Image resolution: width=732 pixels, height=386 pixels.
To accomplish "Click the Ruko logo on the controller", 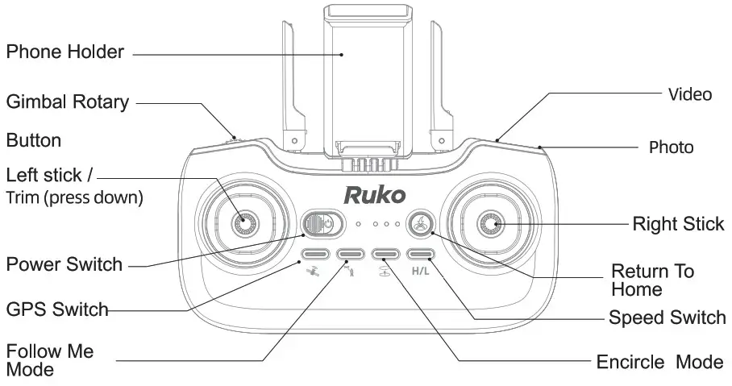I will tap(374, 195).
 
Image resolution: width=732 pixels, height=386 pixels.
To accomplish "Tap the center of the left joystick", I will tap(243, 222).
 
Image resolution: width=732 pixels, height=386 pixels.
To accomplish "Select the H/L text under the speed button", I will tap(421, 272).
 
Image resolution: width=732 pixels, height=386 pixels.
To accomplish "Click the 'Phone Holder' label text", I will tap(64, 52).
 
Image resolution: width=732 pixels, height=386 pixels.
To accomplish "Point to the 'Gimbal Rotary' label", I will tap(68, 102).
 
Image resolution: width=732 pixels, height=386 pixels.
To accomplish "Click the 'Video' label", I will tap(689, 94).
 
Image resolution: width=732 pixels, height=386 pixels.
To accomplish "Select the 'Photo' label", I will tap(671, 147).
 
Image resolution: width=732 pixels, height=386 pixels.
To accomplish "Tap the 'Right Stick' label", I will tap(677, 223).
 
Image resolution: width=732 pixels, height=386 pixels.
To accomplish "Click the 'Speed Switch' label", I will tap(667, 318).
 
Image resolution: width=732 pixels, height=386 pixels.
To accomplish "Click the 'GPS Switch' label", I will tap(56, 309).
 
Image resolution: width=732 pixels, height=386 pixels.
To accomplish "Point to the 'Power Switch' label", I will tap(64, 264).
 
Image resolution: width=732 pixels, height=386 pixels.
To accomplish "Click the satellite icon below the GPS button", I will tap(313, 272).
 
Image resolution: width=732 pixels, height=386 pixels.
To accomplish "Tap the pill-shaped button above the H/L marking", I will tap(421, 255).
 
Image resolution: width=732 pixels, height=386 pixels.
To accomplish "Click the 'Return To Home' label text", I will tap(652, 280).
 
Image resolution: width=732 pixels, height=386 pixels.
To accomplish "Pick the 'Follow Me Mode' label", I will tap(50, 360).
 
